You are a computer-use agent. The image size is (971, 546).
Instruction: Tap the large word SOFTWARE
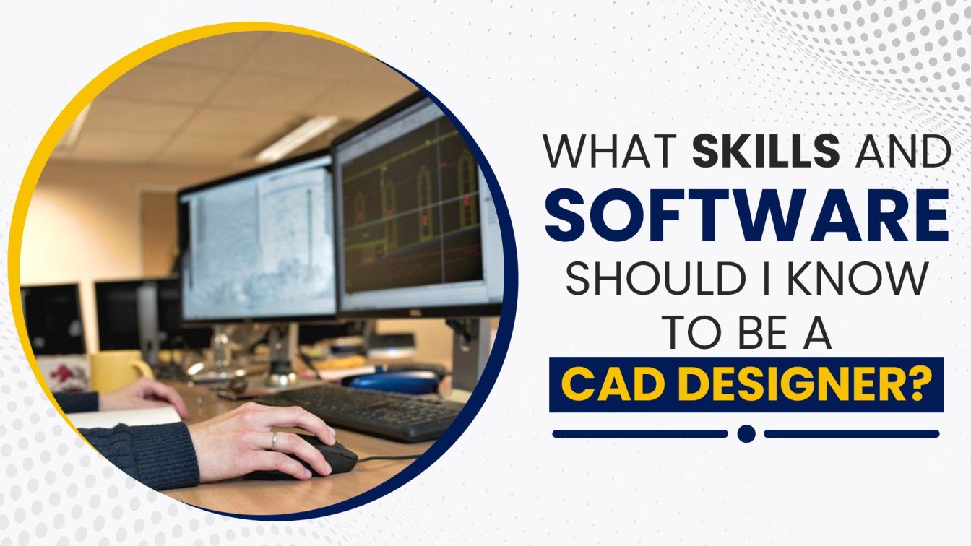[x=747, y=214]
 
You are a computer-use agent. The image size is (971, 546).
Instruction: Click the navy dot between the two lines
[x=746, y=433]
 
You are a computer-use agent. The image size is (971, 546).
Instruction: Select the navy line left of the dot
[x=640, y=433]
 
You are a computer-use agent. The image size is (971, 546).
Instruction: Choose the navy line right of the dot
[x=852, y=433]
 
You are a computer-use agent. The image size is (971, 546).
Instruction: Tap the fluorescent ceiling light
[x=296, y=139]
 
